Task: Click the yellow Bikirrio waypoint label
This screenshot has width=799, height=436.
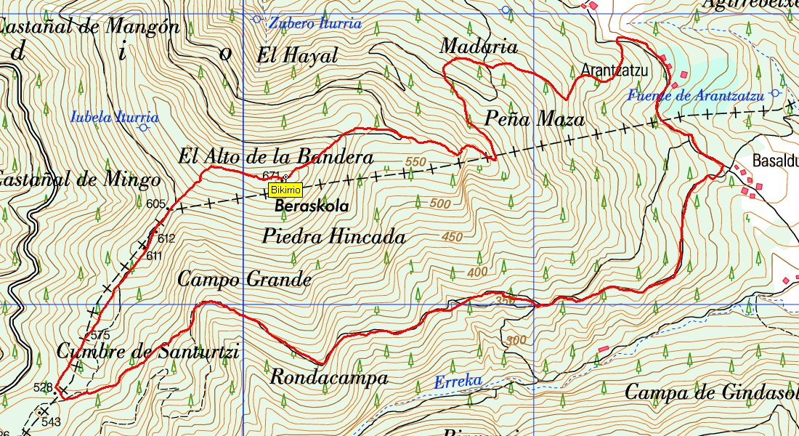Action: click(285, 190)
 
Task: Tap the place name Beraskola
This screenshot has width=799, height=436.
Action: click(312, 206)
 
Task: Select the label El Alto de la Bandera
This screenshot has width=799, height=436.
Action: click(276, 157)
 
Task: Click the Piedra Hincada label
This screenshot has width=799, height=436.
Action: click(333, 236)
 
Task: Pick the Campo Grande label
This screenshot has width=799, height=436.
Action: click(244, 279)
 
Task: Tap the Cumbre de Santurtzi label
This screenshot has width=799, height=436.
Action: click(147, 352)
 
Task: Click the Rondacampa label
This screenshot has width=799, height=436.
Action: click(328, 378)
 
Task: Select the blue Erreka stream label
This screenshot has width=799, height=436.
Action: click(458, 381)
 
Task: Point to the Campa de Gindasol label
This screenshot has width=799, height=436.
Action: click(710, 393)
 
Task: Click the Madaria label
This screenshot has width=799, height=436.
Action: click(479, 47)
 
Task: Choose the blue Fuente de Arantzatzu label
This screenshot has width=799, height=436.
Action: click(695, 95)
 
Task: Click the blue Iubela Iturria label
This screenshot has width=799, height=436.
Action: click(115, 116)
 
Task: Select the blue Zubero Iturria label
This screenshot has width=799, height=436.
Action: click(315, 23)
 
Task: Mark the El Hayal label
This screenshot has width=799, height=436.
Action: click(298, 55)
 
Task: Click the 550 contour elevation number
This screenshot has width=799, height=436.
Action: click(416, 161)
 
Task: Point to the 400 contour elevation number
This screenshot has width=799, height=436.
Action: click(478, 272)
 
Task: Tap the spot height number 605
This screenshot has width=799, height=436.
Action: click(155, 204)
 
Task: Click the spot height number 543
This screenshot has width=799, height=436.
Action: click(51, 421)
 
